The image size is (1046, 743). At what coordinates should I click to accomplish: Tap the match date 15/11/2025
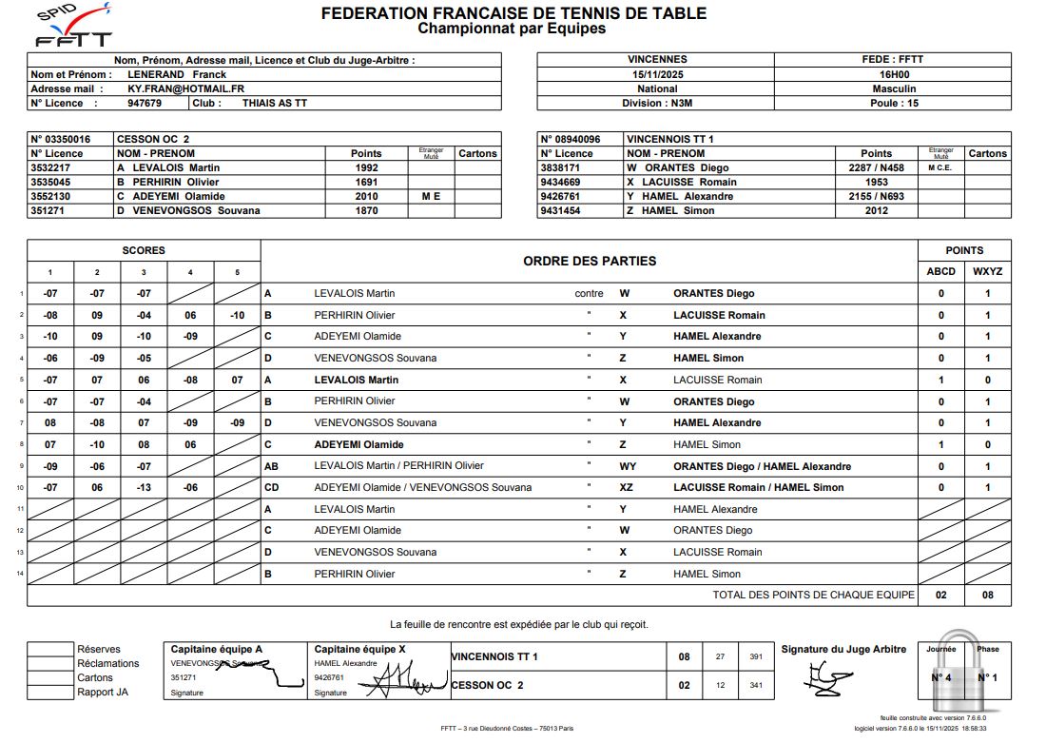[657, 74]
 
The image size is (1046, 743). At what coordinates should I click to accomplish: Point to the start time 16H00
[894, 74]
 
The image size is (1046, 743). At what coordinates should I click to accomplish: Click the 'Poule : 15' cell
[894, 103]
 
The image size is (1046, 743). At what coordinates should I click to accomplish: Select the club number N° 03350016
[61, 139]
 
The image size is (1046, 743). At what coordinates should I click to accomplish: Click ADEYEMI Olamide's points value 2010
[366, 196]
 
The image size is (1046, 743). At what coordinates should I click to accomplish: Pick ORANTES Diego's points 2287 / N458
[876, 167]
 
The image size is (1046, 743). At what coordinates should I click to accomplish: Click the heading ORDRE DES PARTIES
[590, 261]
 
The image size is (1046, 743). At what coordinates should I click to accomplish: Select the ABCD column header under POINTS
[941, 271]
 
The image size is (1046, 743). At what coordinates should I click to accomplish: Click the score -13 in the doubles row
[144, 487]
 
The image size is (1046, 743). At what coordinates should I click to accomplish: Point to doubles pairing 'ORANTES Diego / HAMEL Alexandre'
[762, 466]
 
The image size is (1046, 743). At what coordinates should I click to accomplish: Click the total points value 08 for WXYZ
[988, 595]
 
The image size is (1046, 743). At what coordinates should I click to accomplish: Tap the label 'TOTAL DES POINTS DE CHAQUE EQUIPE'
[814, 595]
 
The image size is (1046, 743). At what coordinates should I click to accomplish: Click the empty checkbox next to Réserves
[50, 650]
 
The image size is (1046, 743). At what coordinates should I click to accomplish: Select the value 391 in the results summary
[756, 656]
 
